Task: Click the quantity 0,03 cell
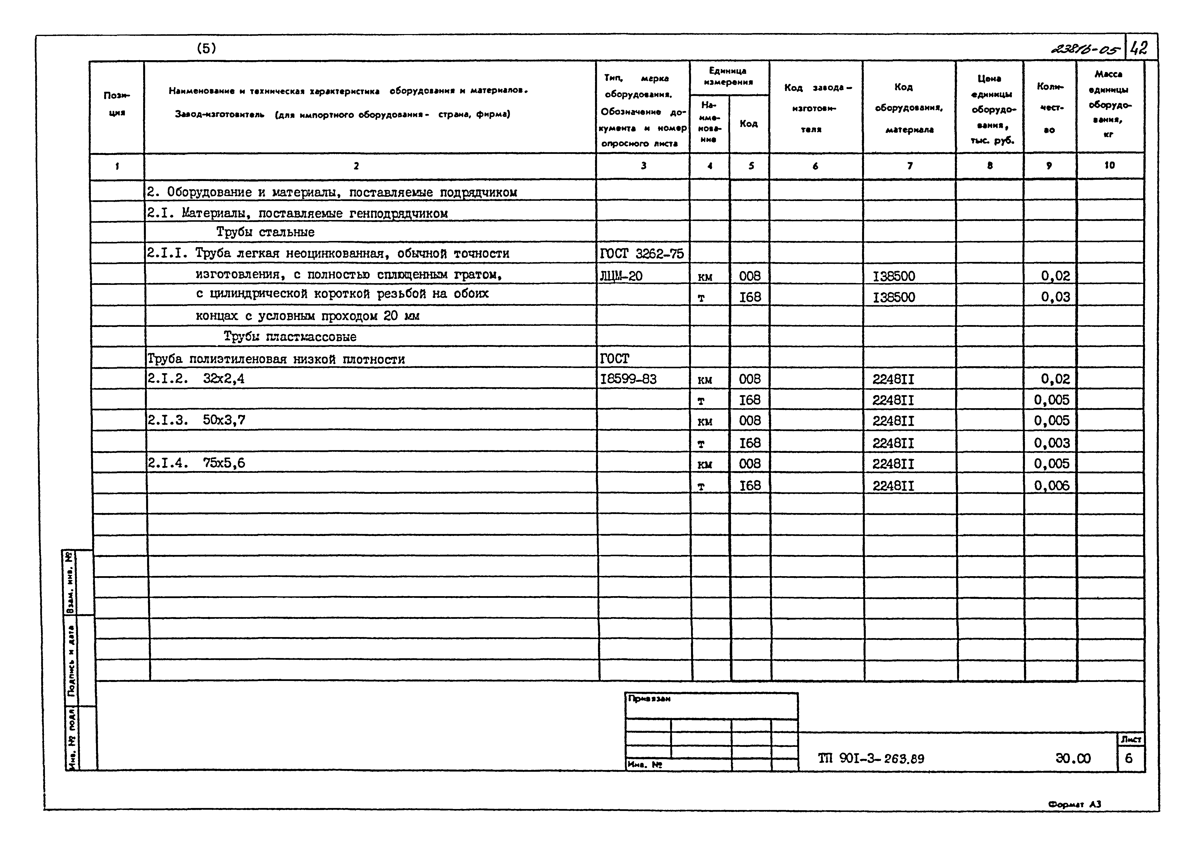click(x=1055, y=297)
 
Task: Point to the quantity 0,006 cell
click(x=1051, y=485)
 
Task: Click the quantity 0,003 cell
click(x=1051, y=443)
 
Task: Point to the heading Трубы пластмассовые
click(x=290, y=337)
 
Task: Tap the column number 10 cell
click(x=1110, y=165)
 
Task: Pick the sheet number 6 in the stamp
click(x=1128, y=758)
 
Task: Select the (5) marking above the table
click(x=206, y=48)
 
